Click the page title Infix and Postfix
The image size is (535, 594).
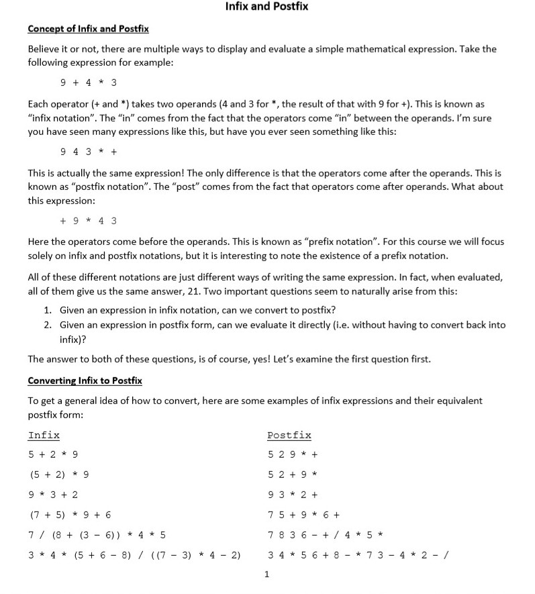(x=266, y=7)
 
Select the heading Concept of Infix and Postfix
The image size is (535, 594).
(x=88, y=29)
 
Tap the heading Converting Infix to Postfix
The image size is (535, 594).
(x=85, y=381)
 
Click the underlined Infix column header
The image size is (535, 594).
(x=44, y=436)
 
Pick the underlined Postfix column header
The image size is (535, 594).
(x=289, y=436)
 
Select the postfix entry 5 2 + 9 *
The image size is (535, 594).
(x=292, y=475)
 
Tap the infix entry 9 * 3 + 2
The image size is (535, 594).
(x=53, y=495)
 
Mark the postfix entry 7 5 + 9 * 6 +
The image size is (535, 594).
(x=303, y=515)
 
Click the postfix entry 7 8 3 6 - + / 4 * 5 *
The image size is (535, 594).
(x=325, y=535)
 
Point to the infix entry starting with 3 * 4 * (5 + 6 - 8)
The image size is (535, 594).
(x=134, y=555)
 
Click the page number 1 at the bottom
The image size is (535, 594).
(x=266, y=574)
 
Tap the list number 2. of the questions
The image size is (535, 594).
(x=48, y=325)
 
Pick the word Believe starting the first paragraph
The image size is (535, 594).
(x=44, y=50)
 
